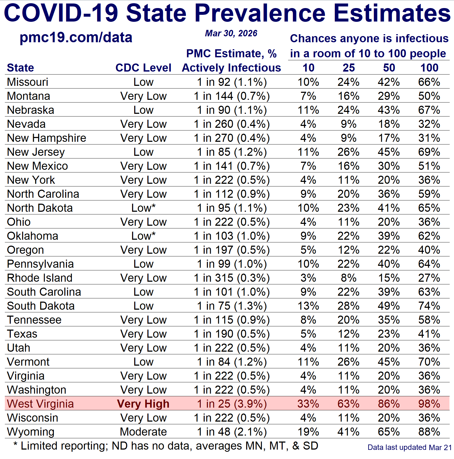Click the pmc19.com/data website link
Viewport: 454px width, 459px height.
tap(76, 37)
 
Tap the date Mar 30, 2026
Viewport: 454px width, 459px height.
tap(231, 33)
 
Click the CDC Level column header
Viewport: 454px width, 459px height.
tap(143, 68)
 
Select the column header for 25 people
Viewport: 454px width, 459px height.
tap(349, 68)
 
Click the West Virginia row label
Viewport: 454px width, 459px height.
tap(40, 404)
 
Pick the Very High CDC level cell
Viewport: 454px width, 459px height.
tap(143, 404)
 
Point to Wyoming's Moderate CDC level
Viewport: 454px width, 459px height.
tap(143, 432)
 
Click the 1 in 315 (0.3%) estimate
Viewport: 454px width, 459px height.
tap(232, 278)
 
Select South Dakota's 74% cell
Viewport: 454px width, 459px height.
tap(429, 306)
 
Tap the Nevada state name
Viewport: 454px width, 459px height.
tap(26, 124)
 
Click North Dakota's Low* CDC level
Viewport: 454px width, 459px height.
tap(143, 208)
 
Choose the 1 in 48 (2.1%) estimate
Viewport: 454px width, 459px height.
tap(232, 432)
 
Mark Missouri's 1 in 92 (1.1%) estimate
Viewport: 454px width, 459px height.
tap(232, 82)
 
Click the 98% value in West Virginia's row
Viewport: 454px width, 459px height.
tap(429, 404)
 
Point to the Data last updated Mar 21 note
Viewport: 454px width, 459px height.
tap(410, 447)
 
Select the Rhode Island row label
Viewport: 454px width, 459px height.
tap(40, 278)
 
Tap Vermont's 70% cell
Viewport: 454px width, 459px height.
tap(429, 362)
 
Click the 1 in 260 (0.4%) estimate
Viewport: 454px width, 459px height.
tap(232, 124)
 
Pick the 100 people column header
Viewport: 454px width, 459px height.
tap(429, 68)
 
